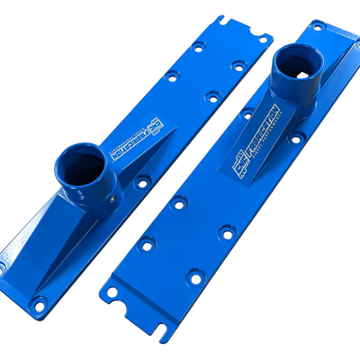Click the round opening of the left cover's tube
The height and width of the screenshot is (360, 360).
pyautogui.click(x=78, y=166)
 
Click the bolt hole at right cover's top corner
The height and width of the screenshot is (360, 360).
pyautogui.click(x=317, y=27)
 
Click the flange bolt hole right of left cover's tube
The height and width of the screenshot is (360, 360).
pyautogui.click(x=141, y=182)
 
